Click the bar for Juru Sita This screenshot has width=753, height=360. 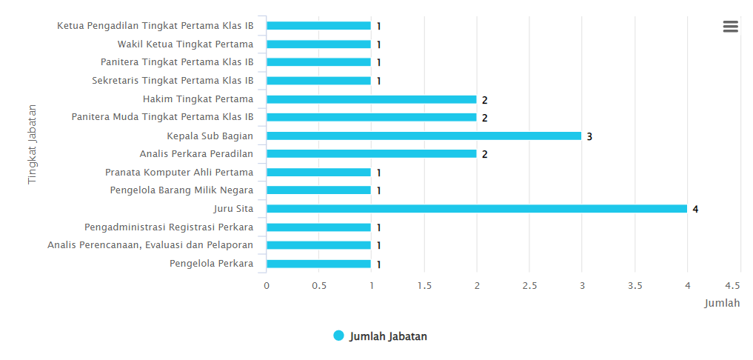[x=476, y=209]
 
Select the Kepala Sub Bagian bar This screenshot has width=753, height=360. [x=424, y=136]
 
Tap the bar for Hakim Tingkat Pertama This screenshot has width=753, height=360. [x=371, y=99]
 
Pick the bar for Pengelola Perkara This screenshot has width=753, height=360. [x=318, y=264]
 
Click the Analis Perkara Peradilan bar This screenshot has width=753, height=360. [x=371, y=154]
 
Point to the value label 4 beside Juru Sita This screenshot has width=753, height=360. [x=695, y=210]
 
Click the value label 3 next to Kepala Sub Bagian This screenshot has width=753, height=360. [x=589, y=136]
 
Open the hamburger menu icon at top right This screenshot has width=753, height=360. [x=730, y=27]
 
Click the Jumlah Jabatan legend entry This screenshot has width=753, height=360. [x=381, y=336]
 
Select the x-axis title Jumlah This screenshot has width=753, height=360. [x=722, y=303]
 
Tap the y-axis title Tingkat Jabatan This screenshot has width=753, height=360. [x=33, y=144]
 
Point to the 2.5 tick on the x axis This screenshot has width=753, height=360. [x=529, y=285]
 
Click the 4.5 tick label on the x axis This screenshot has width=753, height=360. [x=732, y=285]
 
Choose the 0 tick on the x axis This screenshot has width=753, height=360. [x=267, y=285]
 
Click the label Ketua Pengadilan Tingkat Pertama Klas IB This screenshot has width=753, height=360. [x=155, y=26]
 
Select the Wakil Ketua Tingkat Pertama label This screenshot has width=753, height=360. [x=185, y=44]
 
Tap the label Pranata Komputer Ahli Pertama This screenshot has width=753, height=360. [x=179, y=173]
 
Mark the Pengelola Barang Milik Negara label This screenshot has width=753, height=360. [x=181, y=190]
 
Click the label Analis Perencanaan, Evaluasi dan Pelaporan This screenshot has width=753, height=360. [x=150, y=245]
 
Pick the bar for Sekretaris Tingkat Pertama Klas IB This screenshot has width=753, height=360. [x=318, y=81]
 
